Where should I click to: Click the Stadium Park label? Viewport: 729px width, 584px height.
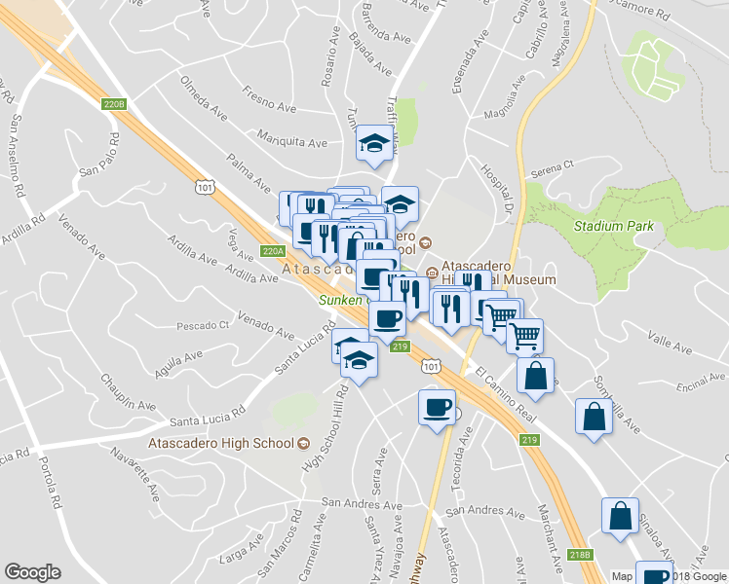[x=613, y=227]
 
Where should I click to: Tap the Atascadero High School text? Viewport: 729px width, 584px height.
[x=220, y=444]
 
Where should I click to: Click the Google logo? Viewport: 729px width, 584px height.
[x=32, y=572]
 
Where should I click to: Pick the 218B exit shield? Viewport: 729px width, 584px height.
[x=580, y=555]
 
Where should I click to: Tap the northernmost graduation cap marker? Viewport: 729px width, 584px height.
[x=374, y=144]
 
